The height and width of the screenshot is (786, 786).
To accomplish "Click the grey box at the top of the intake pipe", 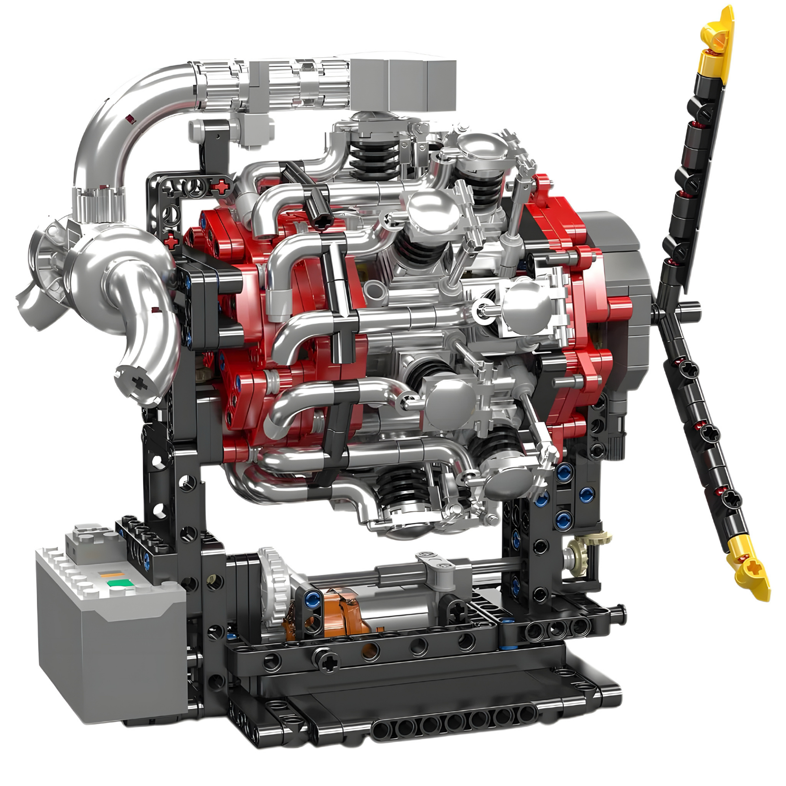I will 403,85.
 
